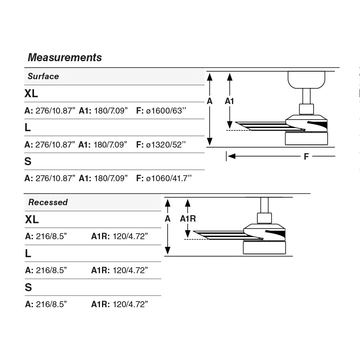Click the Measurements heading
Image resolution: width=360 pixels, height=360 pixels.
[65, 58]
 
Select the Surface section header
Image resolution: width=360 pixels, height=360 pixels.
[43, 76]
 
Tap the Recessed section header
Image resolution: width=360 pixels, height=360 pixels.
[48, 202]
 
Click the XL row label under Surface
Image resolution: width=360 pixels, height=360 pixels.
[31, 94]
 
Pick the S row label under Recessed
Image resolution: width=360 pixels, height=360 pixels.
[28, 287]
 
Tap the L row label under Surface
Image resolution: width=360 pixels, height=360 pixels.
[28, 128]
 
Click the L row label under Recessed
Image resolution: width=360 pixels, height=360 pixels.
[28, 253]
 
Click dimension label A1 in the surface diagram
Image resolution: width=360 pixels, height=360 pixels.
[229, 101]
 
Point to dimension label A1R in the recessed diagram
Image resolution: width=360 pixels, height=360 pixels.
[188, 219]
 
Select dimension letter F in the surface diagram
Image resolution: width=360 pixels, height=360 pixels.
[306, 156]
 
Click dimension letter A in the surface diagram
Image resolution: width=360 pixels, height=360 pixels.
[210, 101]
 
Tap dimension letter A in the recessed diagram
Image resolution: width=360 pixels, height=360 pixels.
[168, 219]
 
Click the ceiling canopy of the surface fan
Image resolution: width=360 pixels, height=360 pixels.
[307, 80]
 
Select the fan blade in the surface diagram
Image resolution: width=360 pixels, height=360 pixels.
[264, 126]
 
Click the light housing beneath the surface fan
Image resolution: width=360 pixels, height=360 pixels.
[306, 139]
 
